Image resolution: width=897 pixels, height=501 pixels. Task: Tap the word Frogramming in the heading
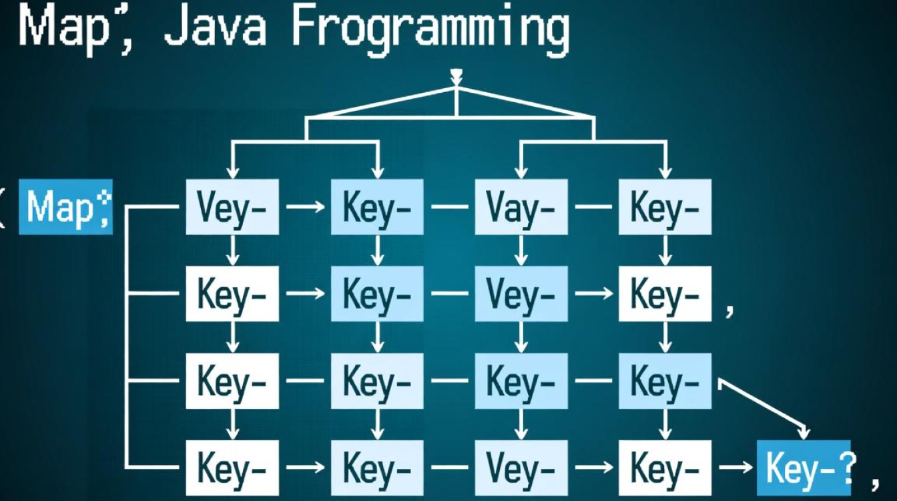pyautogui.click(x=430, y=29)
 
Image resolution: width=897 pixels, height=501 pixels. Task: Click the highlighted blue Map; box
pyautogui.click(x=65, y=207)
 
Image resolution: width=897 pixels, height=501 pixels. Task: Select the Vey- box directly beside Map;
pyautogui.click(x=232, y=207)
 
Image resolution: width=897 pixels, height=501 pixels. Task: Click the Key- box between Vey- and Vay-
pyautogui.click(x=377, y=207)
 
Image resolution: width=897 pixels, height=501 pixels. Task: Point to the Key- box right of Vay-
pyautogui.click(x=665, y=207)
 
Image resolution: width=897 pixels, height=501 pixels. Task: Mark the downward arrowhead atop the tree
pyautogui.click(x=457, y=75)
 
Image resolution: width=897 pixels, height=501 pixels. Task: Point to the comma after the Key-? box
pyautogui.click(x=873, y=476)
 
